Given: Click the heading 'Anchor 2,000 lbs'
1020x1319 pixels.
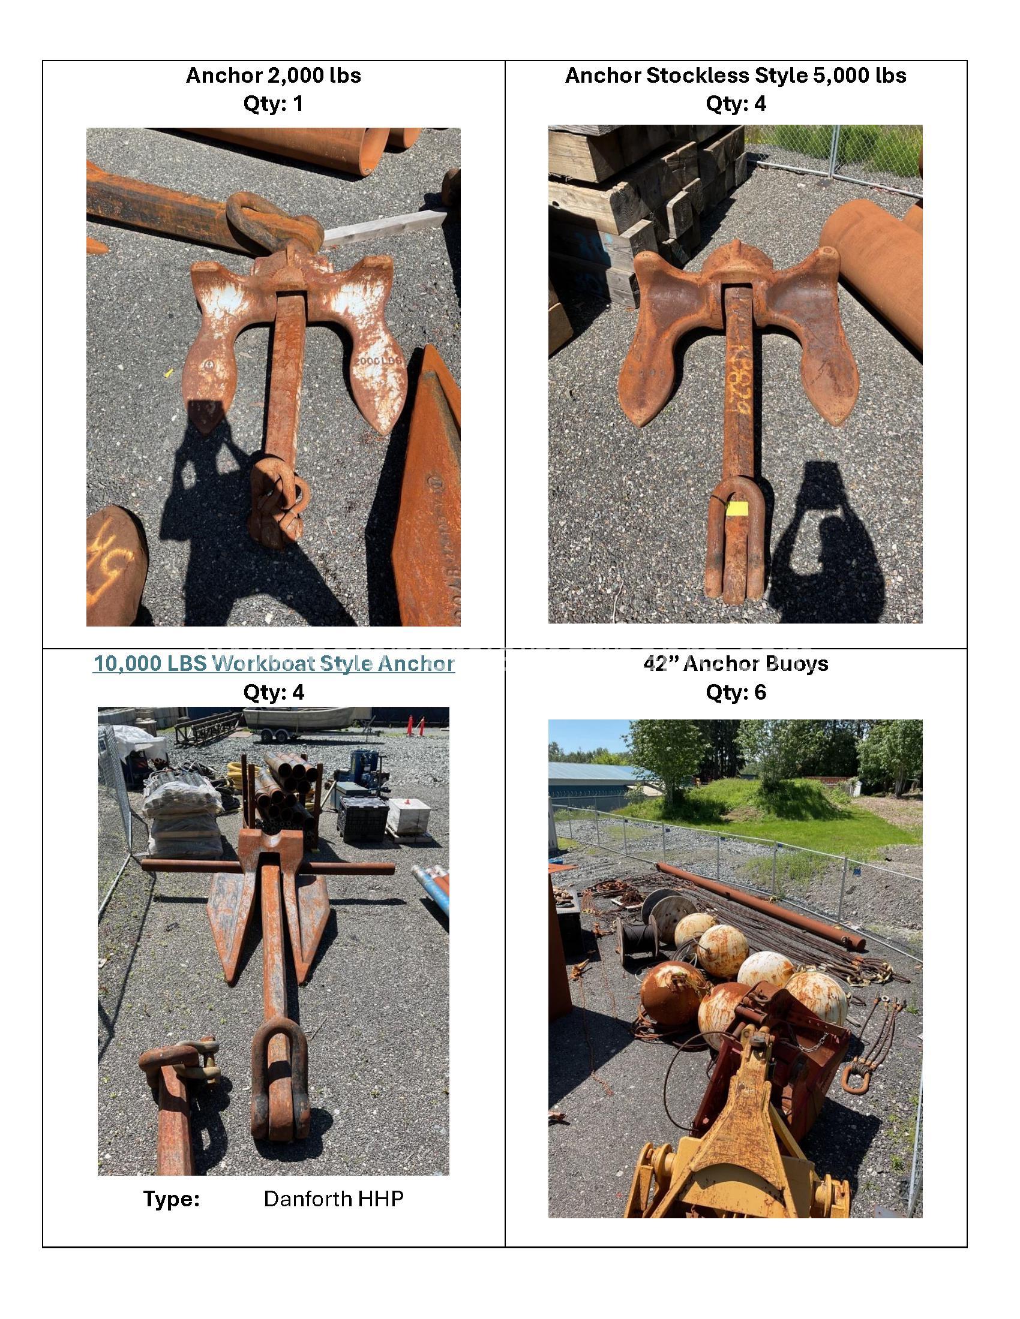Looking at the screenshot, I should point(273,76).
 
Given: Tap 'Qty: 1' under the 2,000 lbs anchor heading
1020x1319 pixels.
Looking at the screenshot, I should point(273,104).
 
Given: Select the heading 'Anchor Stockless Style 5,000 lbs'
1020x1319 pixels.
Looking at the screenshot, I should point(736,76).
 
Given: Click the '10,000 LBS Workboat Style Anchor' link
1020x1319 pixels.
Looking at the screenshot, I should point(273,664).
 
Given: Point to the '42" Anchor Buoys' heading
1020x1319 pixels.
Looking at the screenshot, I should point(736,664).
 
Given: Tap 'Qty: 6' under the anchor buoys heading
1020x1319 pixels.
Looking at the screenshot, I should point(736,692).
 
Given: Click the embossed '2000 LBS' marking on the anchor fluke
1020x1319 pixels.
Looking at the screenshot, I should point(377,360).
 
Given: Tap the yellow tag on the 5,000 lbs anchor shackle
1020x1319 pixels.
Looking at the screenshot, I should point(737,509).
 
